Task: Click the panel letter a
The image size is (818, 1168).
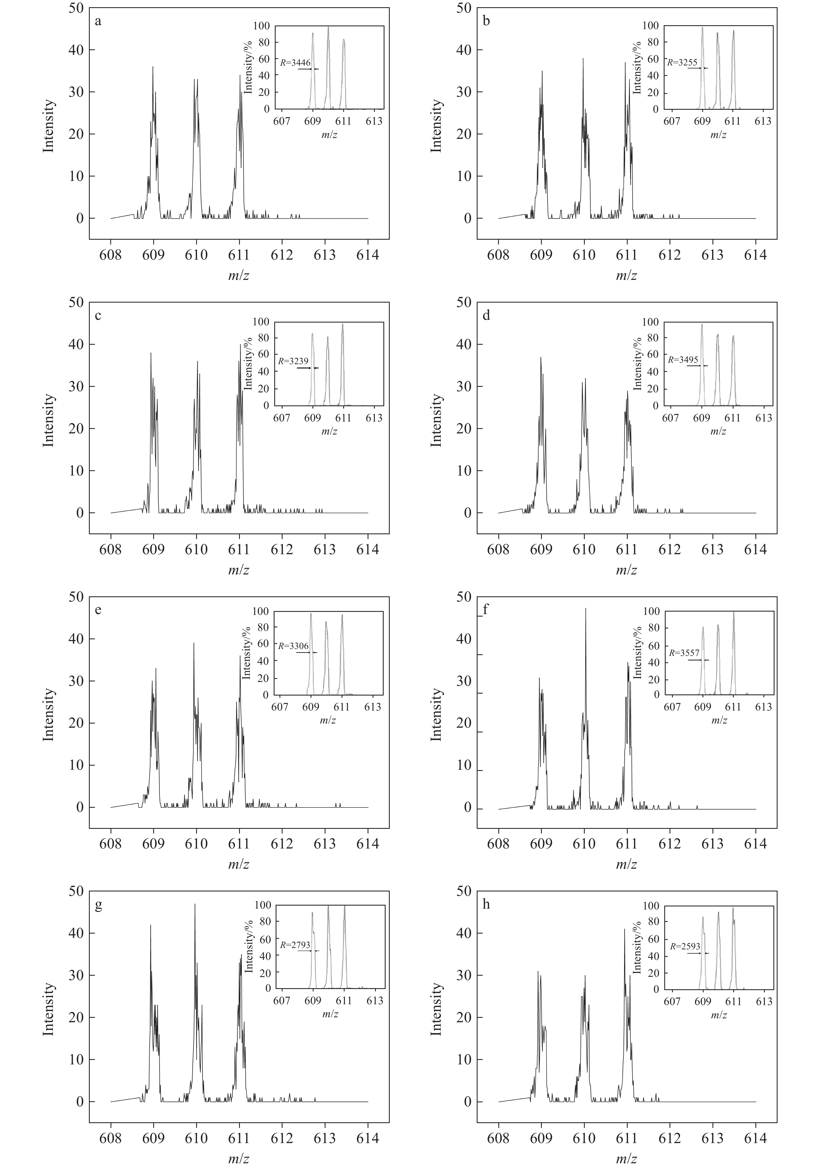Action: point(98,22)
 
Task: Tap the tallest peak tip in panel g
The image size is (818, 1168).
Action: point(195,904)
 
